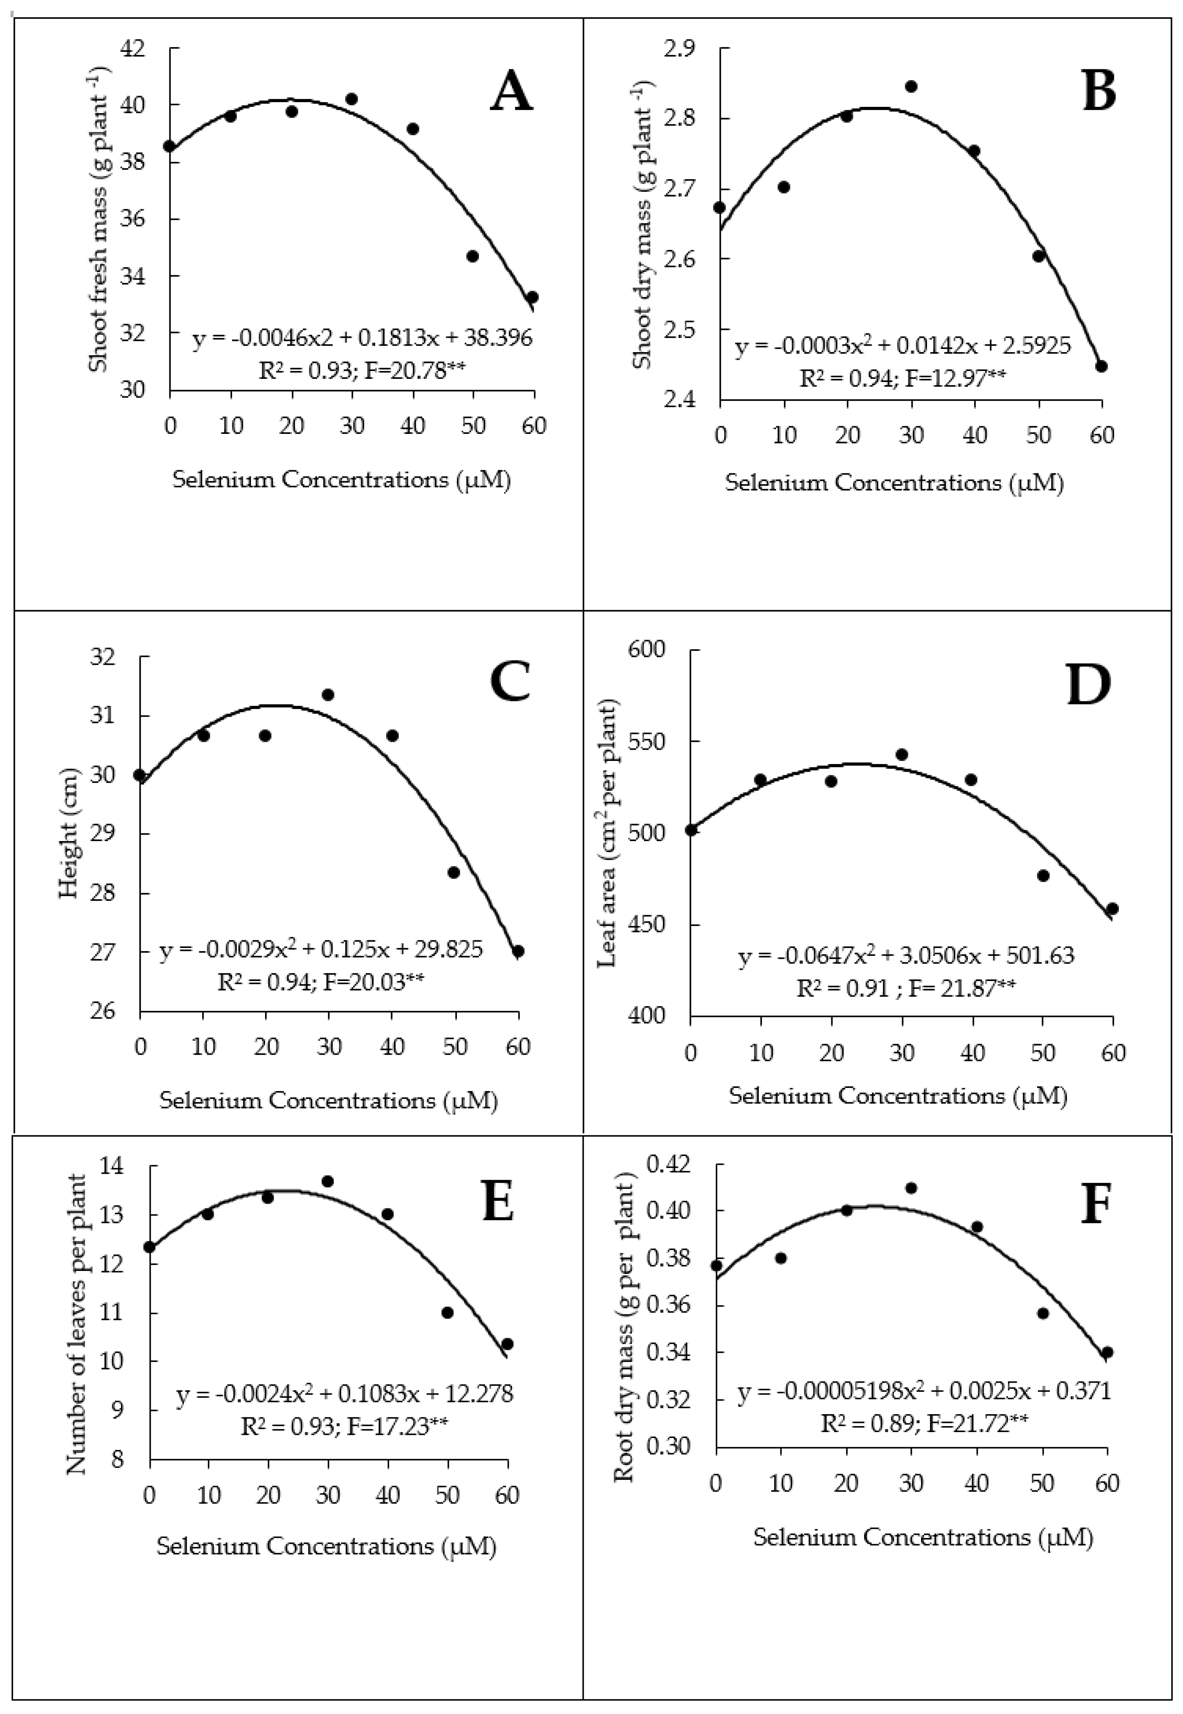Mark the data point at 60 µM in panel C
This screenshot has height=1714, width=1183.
click(518, 951)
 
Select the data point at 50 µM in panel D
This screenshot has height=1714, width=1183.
click(1043, 875)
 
